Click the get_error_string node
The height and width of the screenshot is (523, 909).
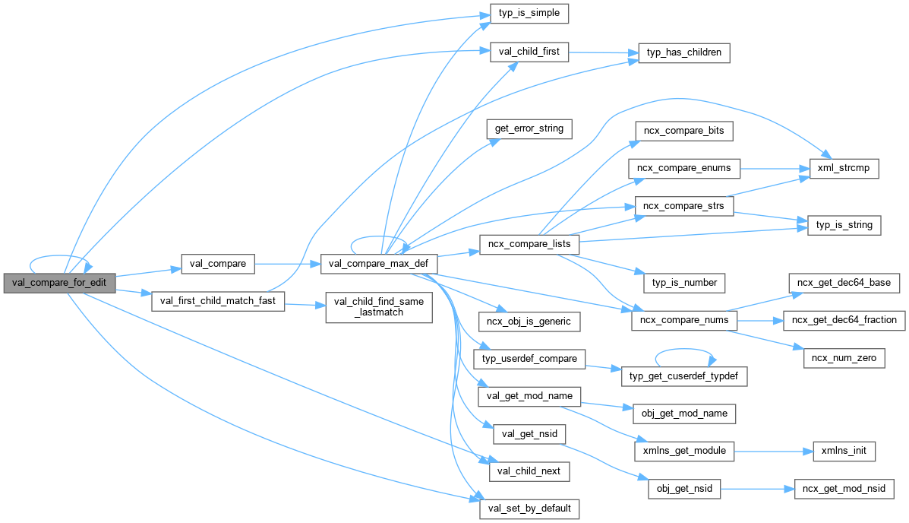tap(529, 128)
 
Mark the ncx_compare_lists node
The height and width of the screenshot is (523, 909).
tap(529, 245)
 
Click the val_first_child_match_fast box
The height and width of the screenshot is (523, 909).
tap(218, 301)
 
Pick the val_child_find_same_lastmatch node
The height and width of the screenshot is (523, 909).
tap(378, 307)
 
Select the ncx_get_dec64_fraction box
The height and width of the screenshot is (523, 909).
tap(844, 320)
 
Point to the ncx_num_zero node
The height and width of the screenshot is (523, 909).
tap(844, 358)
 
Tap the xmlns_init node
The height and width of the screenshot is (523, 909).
tap(844, 451)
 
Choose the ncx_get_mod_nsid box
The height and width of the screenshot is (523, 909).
tap(844, 488)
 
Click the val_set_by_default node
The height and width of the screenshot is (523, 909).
tap(529, 508)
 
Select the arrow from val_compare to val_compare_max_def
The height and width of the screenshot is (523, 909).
tap(287, 264)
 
